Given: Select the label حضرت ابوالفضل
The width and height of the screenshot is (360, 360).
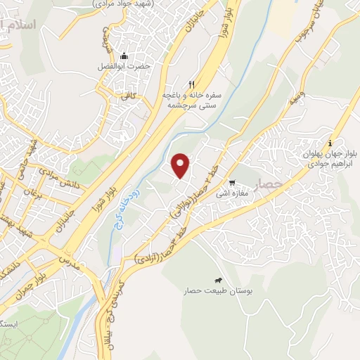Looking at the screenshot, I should click(124, 67).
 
